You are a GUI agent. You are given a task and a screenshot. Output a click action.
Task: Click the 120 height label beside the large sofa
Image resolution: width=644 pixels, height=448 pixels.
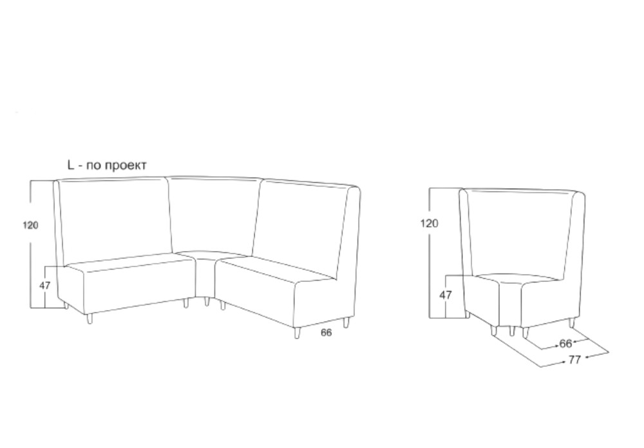pos(30,225)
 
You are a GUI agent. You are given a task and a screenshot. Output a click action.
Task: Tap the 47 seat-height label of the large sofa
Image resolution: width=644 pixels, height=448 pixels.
pos(45,285)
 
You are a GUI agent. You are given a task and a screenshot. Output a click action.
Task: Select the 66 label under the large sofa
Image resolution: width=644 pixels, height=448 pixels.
pos(326,333)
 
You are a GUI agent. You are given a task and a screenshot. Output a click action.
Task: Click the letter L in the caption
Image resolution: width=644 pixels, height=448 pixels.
pos(71,165)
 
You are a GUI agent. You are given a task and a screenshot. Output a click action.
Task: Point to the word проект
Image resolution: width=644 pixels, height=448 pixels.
pos(126,166)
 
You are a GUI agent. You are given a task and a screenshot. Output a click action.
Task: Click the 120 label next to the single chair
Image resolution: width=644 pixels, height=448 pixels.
pos(429,223)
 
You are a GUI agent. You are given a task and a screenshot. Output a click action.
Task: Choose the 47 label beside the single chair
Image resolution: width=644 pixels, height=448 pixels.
pos(446,295)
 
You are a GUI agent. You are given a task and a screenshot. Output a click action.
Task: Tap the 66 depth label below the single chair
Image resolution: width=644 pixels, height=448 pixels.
pos(565,343)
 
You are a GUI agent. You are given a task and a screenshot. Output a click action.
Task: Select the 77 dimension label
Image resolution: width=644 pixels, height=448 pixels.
pos(574,360)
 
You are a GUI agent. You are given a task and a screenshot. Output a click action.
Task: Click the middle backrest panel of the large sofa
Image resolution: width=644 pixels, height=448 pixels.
pos(214,214)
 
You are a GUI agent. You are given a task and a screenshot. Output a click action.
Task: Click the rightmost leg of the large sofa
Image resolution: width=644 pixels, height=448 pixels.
pos(346,322)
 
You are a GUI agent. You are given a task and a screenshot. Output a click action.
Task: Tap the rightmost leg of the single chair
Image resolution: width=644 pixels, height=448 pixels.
pos(571,322)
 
